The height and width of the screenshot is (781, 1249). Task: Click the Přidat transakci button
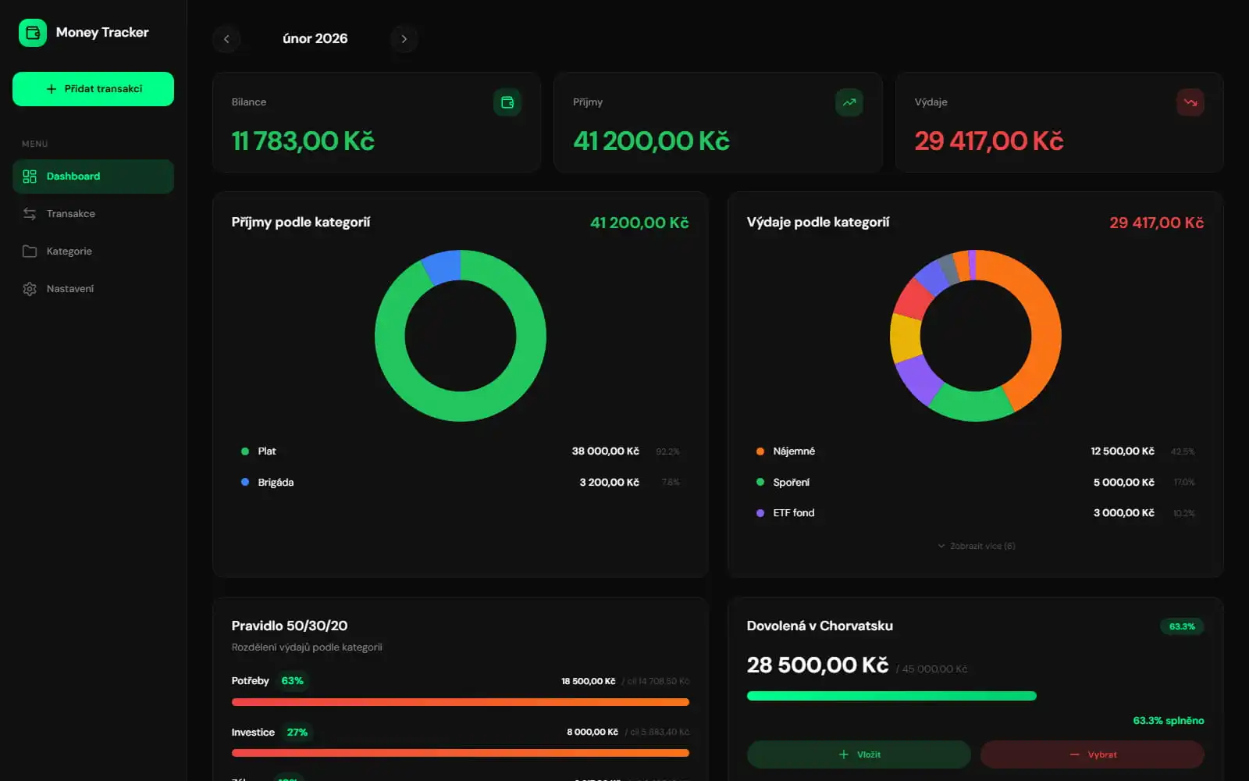click(93, 89)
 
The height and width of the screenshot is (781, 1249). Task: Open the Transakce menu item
click(70, 214)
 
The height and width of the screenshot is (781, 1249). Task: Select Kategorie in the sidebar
click(69, 251)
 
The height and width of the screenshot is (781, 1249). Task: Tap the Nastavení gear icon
click(30, 289)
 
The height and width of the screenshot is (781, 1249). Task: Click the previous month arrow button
click(226, 39)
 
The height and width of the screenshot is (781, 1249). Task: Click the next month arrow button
click(404, 39)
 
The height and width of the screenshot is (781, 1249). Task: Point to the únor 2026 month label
click(315, 39)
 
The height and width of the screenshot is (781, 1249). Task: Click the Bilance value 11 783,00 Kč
click(303, 141)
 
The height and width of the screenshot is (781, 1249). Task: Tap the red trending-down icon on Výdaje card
click(1190, 102)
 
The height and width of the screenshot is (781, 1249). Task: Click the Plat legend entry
click(266, 451)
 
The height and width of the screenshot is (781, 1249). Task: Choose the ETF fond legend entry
click(793, 513)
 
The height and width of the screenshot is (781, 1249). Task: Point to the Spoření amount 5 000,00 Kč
click(1123, 483)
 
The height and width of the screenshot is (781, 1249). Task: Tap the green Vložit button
click(859, 754)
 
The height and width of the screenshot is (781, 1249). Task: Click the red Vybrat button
click(1092, 754)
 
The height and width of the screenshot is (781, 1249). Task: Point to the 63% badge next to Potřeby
click(292, 681)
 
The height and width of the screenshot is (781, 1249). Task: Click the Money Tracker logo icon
click(33, 33)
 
